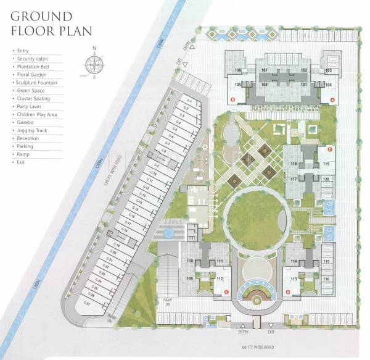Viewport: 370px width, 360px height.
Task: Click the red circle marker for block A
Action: [333, 99]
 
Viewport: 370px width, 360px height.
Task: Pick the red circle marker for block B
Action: [232, 99]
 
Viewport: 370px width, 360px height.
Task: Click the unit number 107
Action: [264, 71]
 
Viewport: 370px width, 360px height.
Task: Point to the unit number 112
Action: [220, 279]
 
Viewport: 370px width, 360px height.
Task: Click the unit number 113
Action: [294, 279]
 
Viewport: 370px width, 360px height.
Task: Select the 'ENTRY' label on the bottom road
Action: [242, 332]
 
